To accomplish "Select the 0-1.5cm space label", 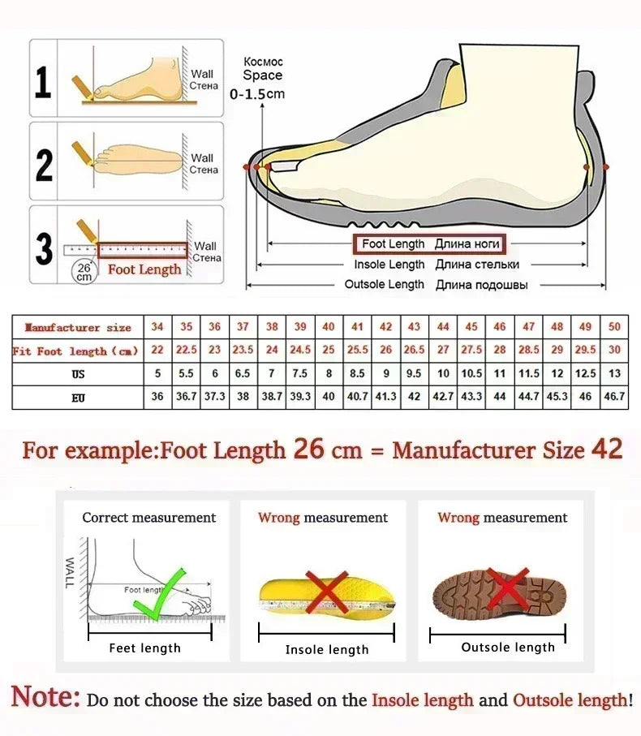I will click(257, 94).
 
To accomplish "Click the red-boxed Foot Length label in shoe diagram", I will click(427, 243).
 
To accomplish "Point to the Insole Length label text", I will click(389, 265).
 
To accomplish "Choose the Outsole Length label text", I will click(384, 285).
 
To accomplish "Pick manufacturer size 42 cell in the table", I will click(386, 327).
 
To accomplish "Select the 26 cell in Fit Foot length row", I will click(386, 351).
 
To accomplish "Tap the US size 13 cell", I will click(614, 374).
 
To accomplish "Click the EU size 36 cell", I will click(157, 397).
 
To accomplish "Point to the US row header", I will click(77, 374).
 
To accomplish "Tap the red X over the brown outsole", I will click(507, 590).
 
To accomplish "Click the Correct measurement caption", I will click(149, 517).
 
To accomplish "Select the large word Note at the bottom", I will click(45, 698).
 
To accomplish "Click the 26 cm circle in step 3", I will click(84, 272).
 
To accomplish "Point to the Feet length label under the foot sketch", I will click(144, 648).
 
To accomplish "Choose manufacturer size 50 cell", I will click(614, 327).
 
